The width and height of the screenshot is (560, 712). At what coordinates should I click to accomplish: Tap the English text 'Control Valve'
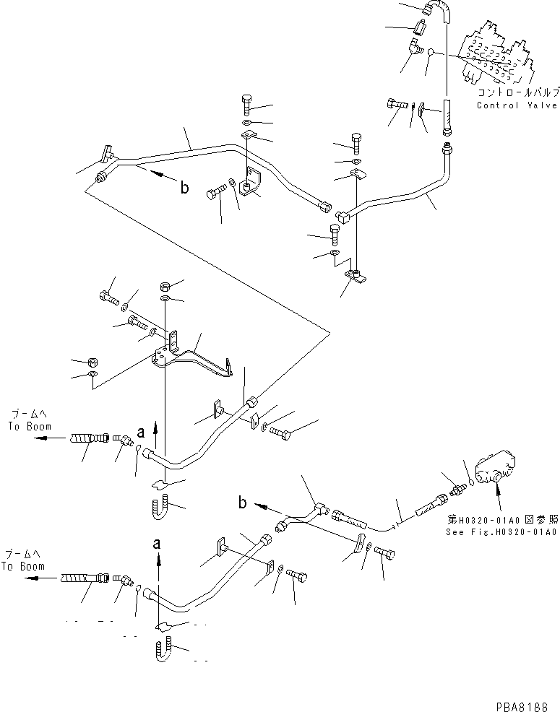[517, 105]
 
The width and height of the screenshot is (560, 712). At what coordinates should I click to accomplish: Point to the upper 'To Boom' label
[26, 426]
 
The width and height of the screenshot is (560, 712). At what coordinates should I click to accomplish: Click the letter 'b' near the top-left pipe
[184, 188]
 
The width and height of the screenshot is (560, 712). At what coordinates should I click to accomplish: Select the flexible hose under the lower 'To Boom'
[84, 578]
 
